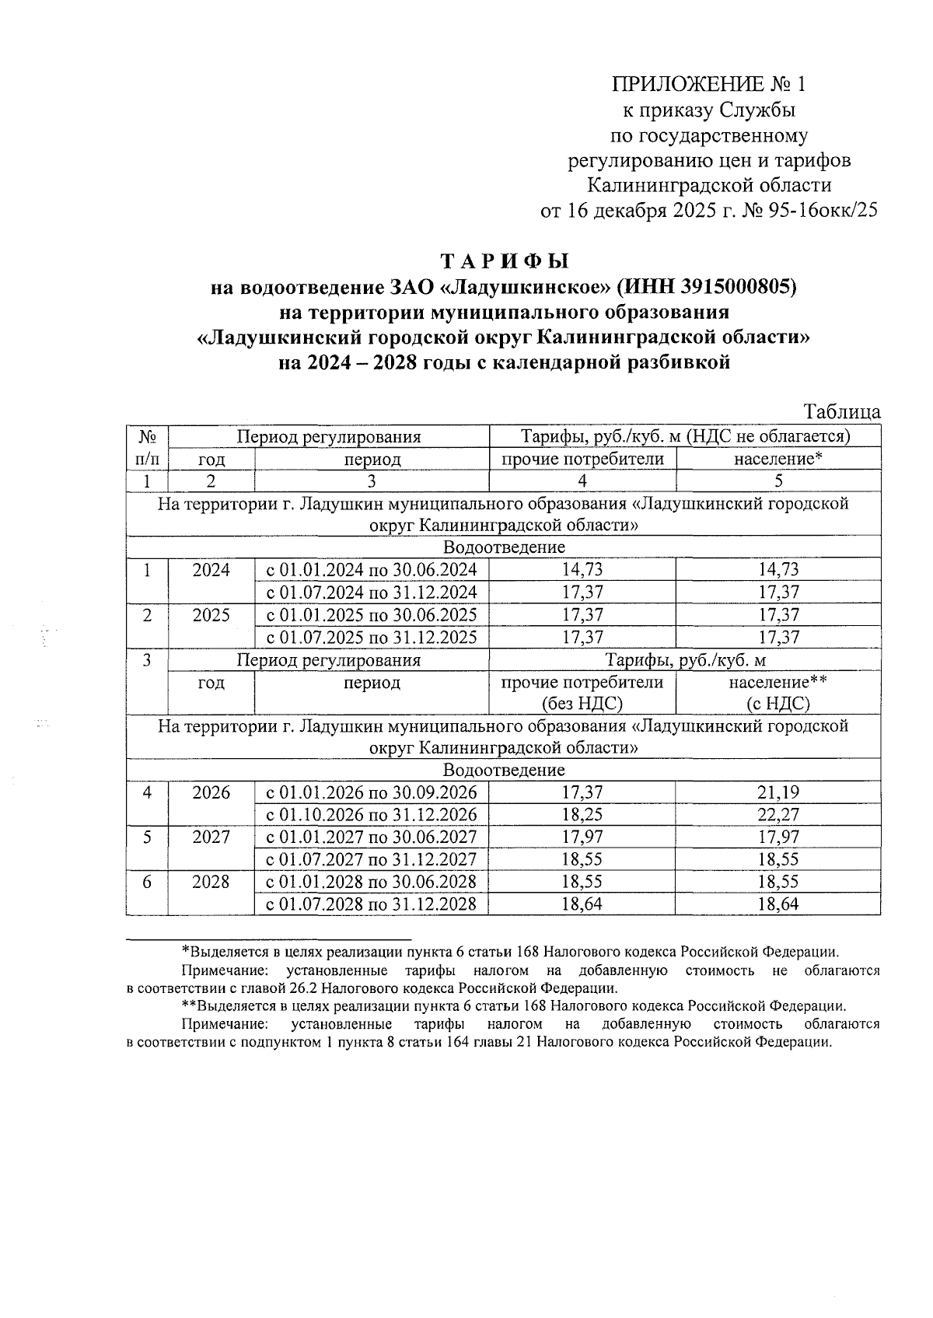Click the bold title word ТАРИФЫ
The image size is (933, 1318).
click(x=505, y=260)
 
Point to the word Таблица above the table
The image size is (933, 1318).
click(x=842, y=411)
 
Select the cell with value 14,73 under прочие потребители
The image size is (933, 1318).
click(x=582, y=569)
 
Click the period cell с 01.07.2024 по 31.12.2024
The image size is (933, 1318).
click(x=372, y=593)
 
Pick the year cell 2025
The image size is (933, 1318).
click(x=211, y=615)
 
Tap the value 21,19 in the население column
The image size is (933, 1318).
click(x=778, y=793)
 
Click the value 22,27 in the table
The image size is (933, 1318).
click(x=778, y=815)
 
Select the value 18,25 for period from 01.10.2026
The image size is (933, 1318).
click(x=582, y=815)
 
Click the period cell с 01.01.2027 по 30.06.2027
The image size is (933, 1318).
click(x=372, y=837)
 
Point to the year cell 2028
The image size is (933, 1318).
click(x=211, y=882)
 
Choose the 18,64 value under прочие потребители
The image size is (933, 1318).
click(x=582, y=904)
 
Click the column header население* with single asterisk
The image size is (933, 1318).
click(x=778, y=459)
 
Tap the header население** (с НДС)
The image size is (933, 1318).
click(x=778, y=693)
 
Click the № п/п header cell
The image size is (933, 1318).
click(x=148, y=447)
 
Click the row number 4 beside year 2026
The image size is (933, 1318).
click(x=147, y=793)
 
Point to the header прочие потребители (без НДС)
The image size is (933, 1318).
click(x=582, y=693)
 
